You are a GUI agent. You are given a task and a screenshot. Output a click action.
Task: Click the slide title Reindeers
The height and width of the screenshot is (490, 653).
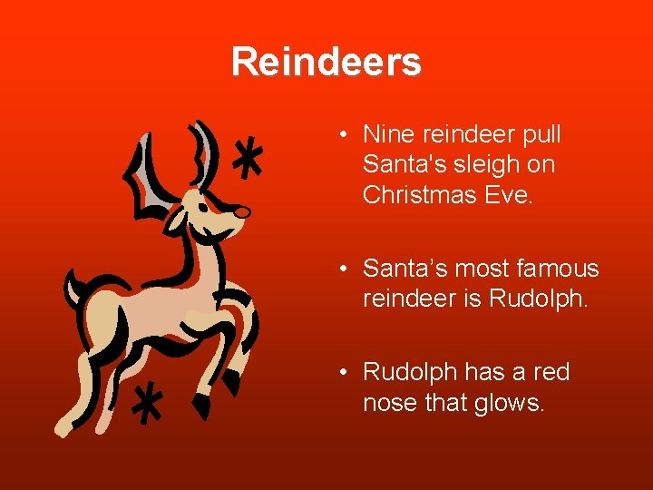coord(326,63)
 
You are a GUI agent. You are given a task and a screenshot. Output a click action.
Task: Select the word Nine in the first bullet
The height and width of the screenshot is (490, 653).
coord(385,135)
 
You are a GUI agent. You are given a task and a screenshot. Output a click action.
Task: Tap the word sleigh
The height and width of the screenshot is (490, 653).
coord(489,165)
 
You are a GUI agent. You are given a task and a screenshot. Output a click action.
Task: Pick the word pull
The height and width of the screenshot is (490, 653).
coord(540,135)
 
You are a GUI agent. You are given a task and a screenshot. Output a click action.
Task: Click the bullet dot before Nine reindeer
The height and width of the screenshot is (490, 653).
coord(346,136)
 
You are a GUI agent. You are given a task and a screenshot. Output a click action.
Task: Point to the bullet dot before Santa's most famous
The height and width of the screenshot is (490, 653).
coord(346,269)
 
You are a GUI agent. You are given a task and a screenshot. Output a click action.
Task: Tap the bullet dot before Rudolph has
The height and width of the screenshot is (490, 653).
coord(346,373)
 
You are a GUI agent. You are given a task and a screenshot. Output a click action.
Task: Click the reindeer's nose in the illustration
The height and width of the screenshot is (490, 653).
coord(241,211)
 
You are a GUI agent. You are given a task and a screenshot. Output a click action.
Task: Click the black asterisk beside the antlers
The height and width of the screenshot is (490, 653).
coord(247,162)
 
